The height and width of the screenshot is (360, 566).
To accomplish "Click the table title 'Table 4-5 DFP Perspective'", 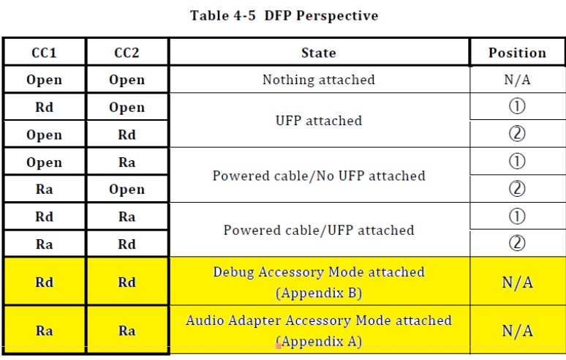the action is click(x=284, y=15).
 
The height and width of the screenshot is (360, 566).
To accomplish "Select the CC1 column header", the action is click(x=44, y=53).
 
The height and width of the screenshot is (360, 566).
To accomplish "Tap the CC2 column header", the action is click(x=127, y=53).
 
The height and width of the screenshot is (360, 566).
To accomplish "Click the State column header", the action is click(x=319, y=53).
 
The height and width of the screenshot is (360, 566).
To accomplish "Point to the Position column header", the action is click(x=517, y=53).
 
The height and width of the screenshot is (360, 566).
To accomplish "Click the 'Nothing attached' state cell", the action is click(x=319, y=80).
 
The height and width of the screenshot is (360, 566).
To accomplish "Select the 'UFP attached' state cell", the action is click(x=319, y=120).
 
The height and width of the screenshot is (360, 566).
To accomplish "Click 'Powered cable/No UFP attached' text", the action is click(x=319, y=176).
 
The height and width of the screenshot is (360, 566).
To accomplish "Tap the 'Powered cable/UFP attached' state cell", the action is click(x=319, y=230).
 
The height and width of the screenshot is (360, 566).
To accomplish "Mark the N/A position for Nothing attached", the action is click(x=517, y=80).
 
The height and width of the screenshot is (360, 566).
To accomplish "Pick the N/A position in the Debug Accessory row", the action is click(x=517, y=282).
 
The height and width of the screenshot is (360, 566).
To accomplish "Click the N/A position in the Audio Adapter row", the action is click(x=517, y=331).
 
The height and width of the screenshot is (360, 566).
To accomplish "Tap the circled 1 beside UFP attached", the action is click(x=517, y=107).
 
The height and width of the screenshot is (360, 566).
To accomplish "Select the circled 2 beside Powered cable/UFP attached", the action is click(x=517, y=243).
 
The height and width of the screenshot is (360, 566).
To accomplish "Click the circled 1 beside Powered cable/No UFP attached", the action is click(x=517, y=162).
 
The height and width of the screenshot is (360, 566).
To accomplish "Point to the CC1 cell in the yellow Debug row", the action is click(x=44, y=282).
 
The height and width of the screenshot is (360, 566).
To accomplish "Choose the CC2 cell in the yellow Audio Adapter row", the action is click(x=127, y=330).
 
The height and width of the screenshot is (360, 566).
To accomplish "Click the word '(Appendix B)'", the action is click(x=319, y=293).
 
